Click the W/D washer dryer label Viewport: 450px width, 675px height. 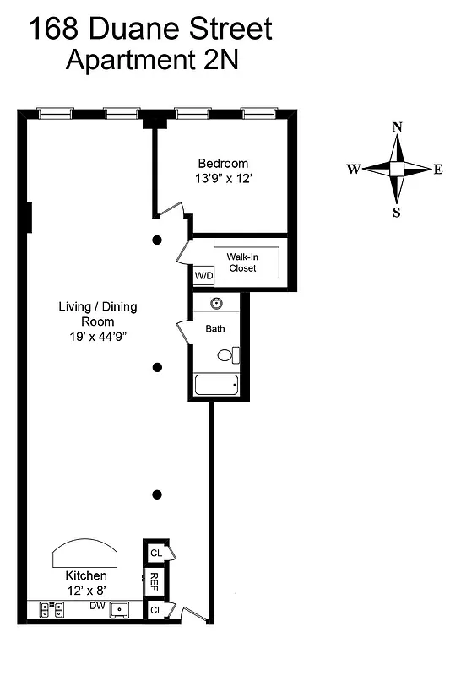point(203,276)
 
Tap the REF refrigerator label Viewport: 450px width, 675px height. point(155,580)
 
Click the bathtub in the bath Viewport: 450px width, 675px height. point(217,386)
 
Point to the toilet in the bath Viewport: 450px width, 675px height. point(229,355)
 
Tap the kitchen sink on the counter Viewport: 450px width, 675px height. point(121,608)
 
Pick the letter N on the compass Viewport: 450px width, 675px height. point(397,127)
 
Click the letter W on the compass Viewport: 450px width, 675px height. point(353,169)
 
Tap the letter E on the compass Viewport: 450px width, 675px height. point(438,169)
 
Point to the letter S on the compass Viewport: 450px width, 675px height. point(396,212)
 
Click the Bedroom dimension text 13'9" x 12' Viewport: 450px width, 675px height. point(223,179)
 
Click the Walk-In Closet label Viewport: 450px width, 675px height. point(241,262)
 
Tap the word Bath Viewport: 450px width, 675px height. point(214,328)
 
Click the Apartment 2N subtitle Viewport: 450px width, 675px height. point(152,60)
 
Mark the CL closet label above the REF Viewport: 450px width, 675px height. point(156,553)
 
